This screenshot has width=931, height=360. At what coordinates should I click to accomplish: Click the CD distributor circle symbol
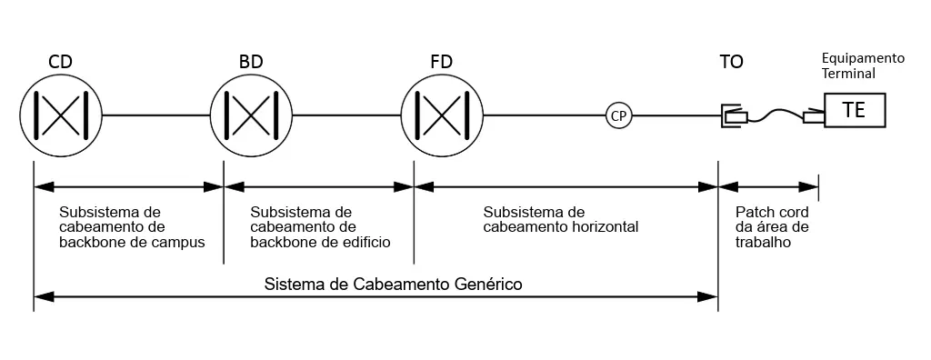coord(60,115)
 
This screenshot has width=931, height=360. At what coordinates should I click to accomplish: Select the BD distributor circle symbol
coord(251,115)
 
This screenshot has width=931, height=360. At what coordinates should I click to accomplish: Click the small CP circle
coord(619,115)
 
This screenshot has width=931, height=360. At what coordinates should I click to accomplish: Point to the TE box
coord(854,110)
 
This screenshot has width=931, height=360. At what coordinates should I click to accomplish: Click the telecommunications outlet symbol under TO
coord(733,115)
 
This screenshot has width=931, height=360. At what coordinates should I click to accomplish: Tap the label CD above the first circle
coord(60,62)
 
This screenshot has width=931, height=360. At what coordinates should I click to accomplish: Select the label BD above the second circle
coord(251,62)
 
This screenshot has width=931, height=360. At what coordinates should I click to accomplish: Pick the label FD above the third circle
coord(441,62)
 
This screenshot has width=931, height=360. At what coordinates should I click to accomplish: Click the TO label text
coord(731,62)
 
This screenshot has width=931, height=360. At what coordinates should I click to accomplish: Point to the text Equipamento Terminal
coord(863,65)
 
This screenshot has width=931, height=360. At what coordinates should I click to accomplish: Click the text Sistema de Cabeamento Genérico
coord(393,284)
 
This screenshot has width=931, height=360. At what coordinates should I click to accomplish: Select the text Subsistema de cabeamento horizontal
coord(560,218)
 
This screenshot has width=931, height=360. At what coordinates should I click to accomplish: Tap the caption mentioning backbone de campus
coord(132,226)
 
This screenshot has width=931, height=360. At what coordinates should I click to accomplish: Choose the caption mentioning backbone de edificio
coord(319,226)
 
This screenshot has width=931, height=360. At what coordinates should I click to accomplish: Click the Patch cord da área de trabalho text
coord(771,226)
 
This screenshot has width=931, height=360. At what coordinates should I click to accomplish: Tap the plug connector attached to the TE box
coord(814,116)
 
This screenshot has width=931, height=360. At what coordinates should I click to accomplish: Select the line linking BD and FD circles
coord(345,115)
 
